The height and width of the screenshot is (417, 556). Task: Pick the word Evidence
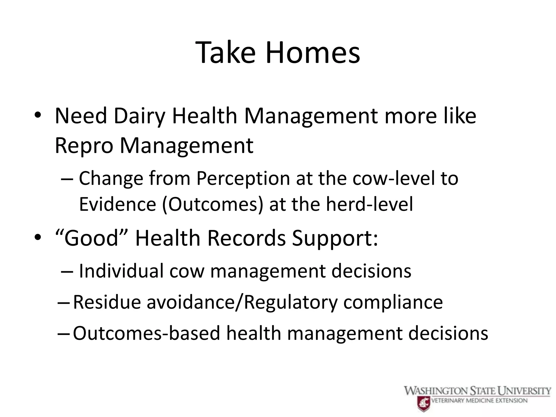118,204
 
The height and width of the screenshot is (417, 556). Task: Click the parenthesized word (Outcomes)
213,204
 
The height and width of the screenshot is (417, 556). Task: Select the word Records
246,238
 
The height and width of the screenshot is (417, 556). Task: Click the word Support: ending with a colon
334,238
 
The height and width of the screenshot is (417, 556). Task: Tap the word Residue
107,302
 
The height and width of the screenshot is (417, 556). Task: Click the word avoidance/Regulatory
242,302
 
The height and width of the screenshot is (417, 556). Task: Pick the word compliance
393,302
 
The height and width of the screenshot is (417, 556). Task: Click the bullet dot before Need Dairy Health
37,116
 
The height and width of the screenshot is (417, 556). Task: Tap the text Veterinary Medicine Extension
479,400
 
